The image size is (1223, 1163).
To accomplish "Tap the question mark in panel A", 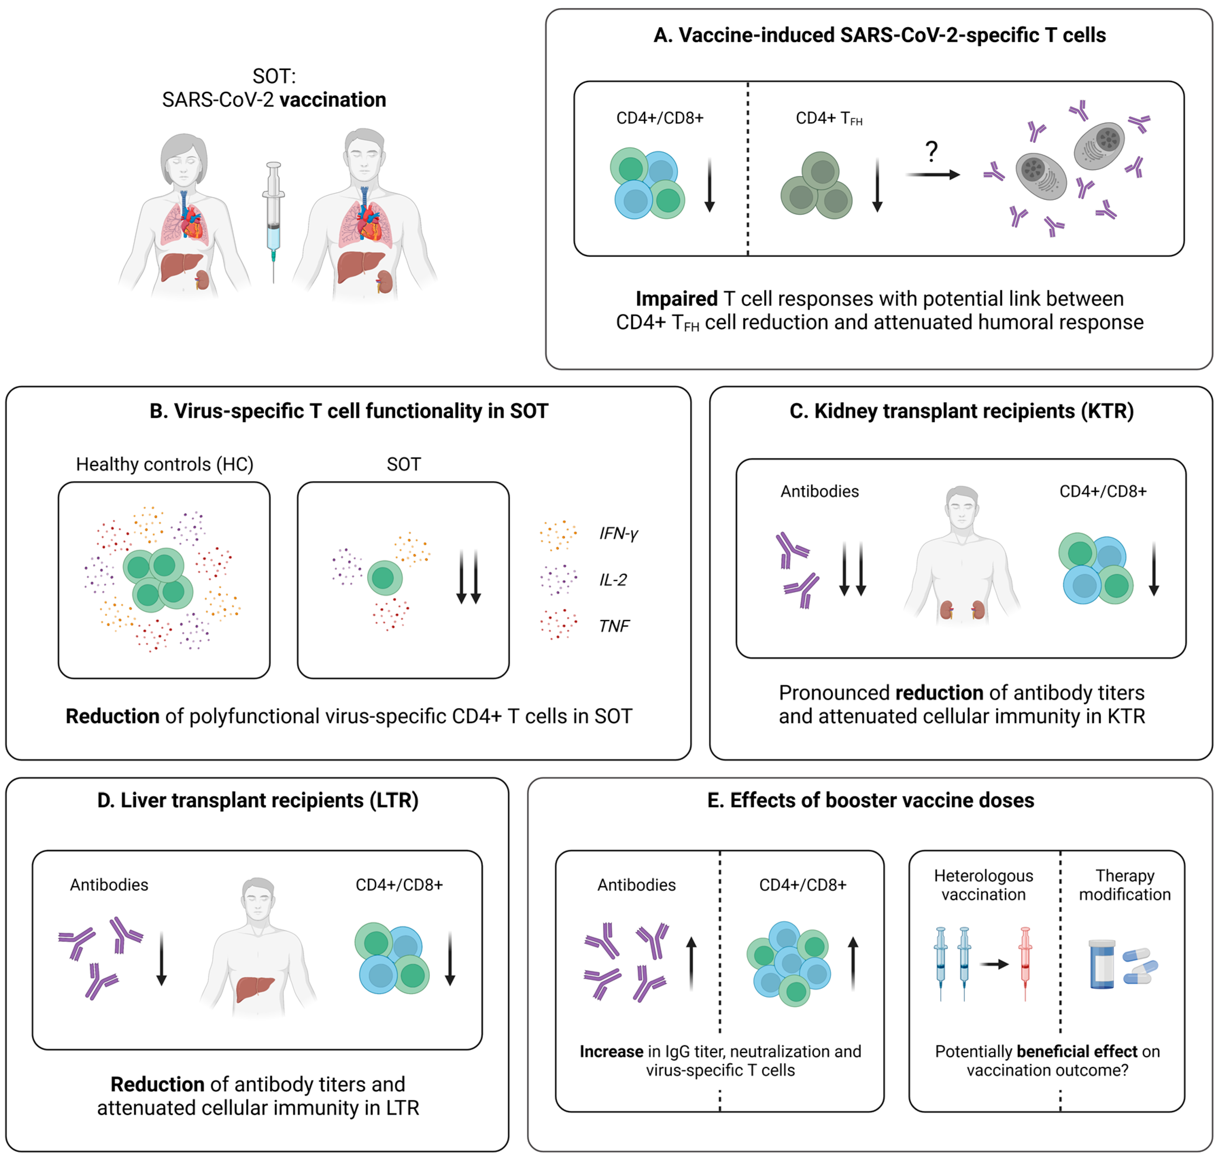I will [931, 151].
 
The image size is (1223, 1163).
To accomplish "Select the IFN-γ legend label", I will [618, 533].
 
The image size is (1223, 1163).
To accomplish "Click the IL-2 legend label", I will [613, 580].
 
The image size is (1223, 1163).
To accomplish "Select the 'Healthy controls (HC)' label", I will [165, 464].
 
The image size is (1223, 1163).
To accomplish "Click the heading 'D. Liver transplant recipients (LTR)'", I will [258, 800].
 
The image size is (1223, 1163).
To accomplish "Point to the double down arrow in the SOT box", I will [468, 577].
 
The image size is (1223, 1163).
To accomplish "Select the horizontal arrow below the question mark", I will [932, 175].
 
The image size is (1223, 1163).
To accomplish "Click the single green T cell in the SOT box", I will [384, 578].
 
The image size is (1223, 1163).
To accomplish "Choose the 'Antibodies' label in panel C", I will [819, 492].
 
